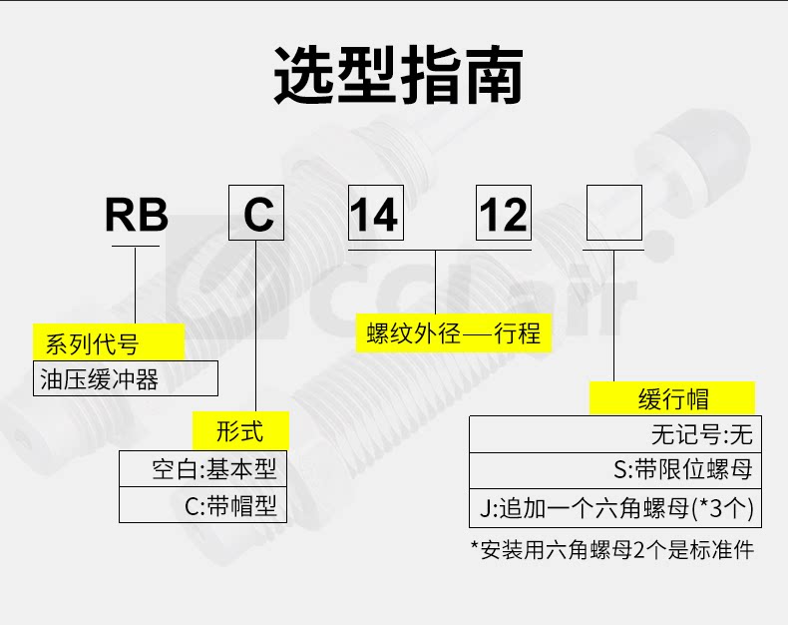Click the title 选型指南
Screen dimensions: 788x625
coord(398,75)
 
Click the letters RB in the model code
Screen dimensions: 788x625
coord(137,215)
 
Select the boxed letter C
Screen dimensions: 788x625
coord(257,213)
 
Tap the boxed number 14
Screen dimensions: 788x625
coord(374,213)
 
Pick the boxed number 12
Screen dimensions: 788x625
coord(503,213)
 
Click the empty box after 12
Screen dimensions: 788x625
coord(613,213)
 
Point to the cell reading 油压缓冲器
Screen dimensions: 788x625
coord(126,379)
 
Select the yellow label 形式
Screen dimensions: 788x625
coord(240,431)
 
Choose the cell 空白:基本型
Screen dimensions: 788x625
coord(203,468)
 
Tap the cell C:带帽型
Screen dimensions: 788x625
coord(203,504)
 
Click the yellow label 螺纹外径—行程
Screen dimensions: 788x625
coord(453,333)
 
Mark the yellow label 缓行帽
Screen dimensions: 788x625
coord(673,398)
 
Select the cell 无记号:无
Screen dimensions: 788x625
coord(614,434)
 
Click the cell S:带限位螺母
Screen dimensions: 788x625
coord(614,469)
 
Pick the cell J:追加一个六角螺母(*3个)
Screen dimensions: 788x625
coord(614,508)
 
